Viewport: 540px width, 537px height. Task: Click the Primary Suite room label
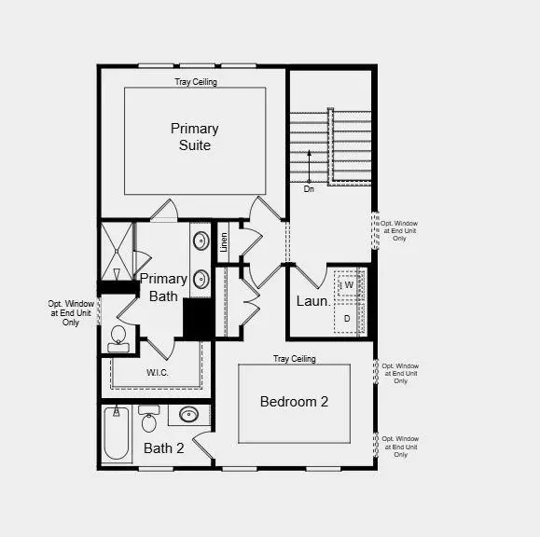tap(195, 136)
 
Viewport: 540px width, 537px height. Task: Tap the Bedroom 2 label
tap(294, 402)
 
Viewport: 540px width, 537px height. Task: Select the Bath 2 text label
tap(164, 448)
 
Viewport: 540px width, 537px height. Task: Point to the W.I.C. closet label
tap(158, 373)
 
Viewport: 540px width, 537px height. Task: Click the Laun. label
tap(313, 301)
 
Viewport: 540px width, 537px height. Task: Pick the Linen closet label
tap(224, 243)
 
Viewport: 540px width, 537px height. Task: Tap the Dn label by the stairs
tap(309, 188)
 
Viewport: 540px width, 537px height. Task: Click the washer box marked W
tap(349, 285)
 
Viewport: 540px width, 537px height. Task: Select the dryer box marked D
tap(347, 318)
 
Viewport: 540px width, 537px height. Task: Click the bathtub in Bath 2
tap(117, 434)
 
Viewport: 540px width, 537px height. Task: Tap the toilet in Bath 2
tap(148, 420)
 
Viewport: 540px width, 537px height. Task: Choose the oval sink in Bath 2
tap(188, 416)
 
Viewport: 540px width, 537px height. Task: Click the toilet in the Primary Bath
tap(118, 337)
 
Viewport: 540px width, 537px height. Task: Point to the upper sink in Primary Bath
tap(201, 241)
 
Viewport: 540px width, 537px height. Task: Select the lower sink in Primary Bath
tap(201, 278)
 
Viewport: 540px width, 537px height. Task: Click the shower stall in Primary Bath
tap(117, 250)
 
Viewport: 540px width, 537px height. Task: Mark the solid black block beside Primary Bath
tap(198, 319)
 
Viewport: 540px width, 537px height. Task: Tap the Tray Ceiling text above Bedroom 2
tap(294, 359)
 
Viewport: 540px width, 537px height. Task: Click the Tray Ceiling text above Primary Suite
tap(196, 82)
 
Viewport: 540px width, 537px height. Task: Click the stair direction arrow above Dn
tap(310, 165)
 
